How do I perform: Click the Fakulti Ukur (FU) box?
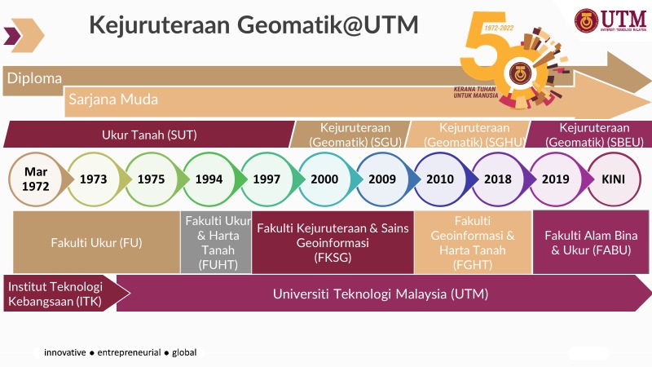click(x=96, y=242)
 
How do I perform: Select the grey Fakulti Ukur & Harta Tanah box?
click(x=215, y=242)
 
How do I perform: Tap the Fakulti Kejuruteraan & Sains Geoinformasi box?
click(x=332, y=242)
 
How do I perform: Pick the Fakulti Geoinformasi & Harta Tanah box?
click(x=472, y=242)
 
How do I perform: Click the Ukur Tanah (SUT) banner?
click(x=149, y=135)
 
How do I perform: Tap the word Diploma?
click(x=35, y=78)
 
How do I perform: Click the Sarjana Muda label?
click(x=113, y=99)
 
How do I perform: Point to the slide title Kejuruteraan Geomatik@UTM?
click(x=253, y=25)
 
